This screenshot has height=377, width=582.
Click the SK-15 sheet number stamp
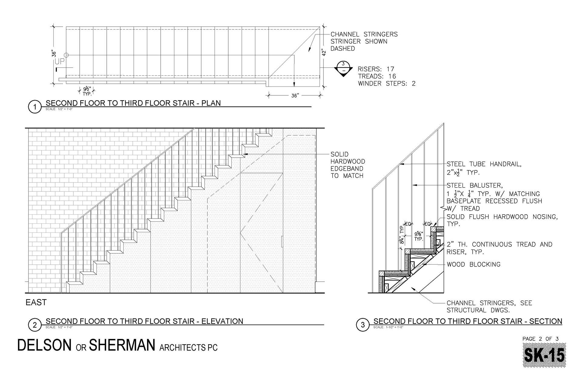point(544,355)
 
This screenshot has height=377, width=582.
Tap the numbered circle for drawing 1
point(35,107)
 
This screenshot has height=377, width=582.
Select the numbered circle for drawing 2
point(35,325)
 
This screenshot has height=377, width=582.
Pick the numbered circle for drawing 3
point(363,325)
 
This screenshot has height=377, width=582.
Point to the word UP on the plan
point(60,62)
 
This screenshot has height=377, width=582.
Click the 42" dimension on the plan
point(324,52)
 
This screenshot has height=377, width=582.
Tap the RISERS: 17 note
point(376,69)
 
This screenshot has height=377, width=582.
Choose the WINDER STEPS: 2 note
point(386,83)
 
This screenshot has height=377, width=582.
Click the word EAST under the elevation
point(36,302)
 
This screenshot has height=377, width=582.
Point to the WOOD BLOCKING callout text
point(473,264)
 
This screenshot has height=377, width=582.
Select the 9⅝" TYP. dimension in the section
point(419,236)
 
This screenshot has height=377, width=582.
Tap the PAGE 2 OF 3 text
point(540,339)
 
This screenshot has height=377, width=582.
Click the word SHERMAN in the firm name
point(122,345)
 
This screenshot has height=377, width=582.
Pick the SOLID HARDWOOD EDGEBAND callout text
point(348,165)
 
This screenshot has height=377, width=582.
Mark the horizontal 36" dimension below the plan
point(295,96)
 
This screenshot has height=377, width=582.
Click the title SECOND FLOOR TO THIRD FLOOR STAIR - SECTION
point(468,321)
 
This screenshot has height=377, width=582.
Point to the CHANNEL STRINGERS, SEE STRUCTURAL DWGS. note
point(489,307)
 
